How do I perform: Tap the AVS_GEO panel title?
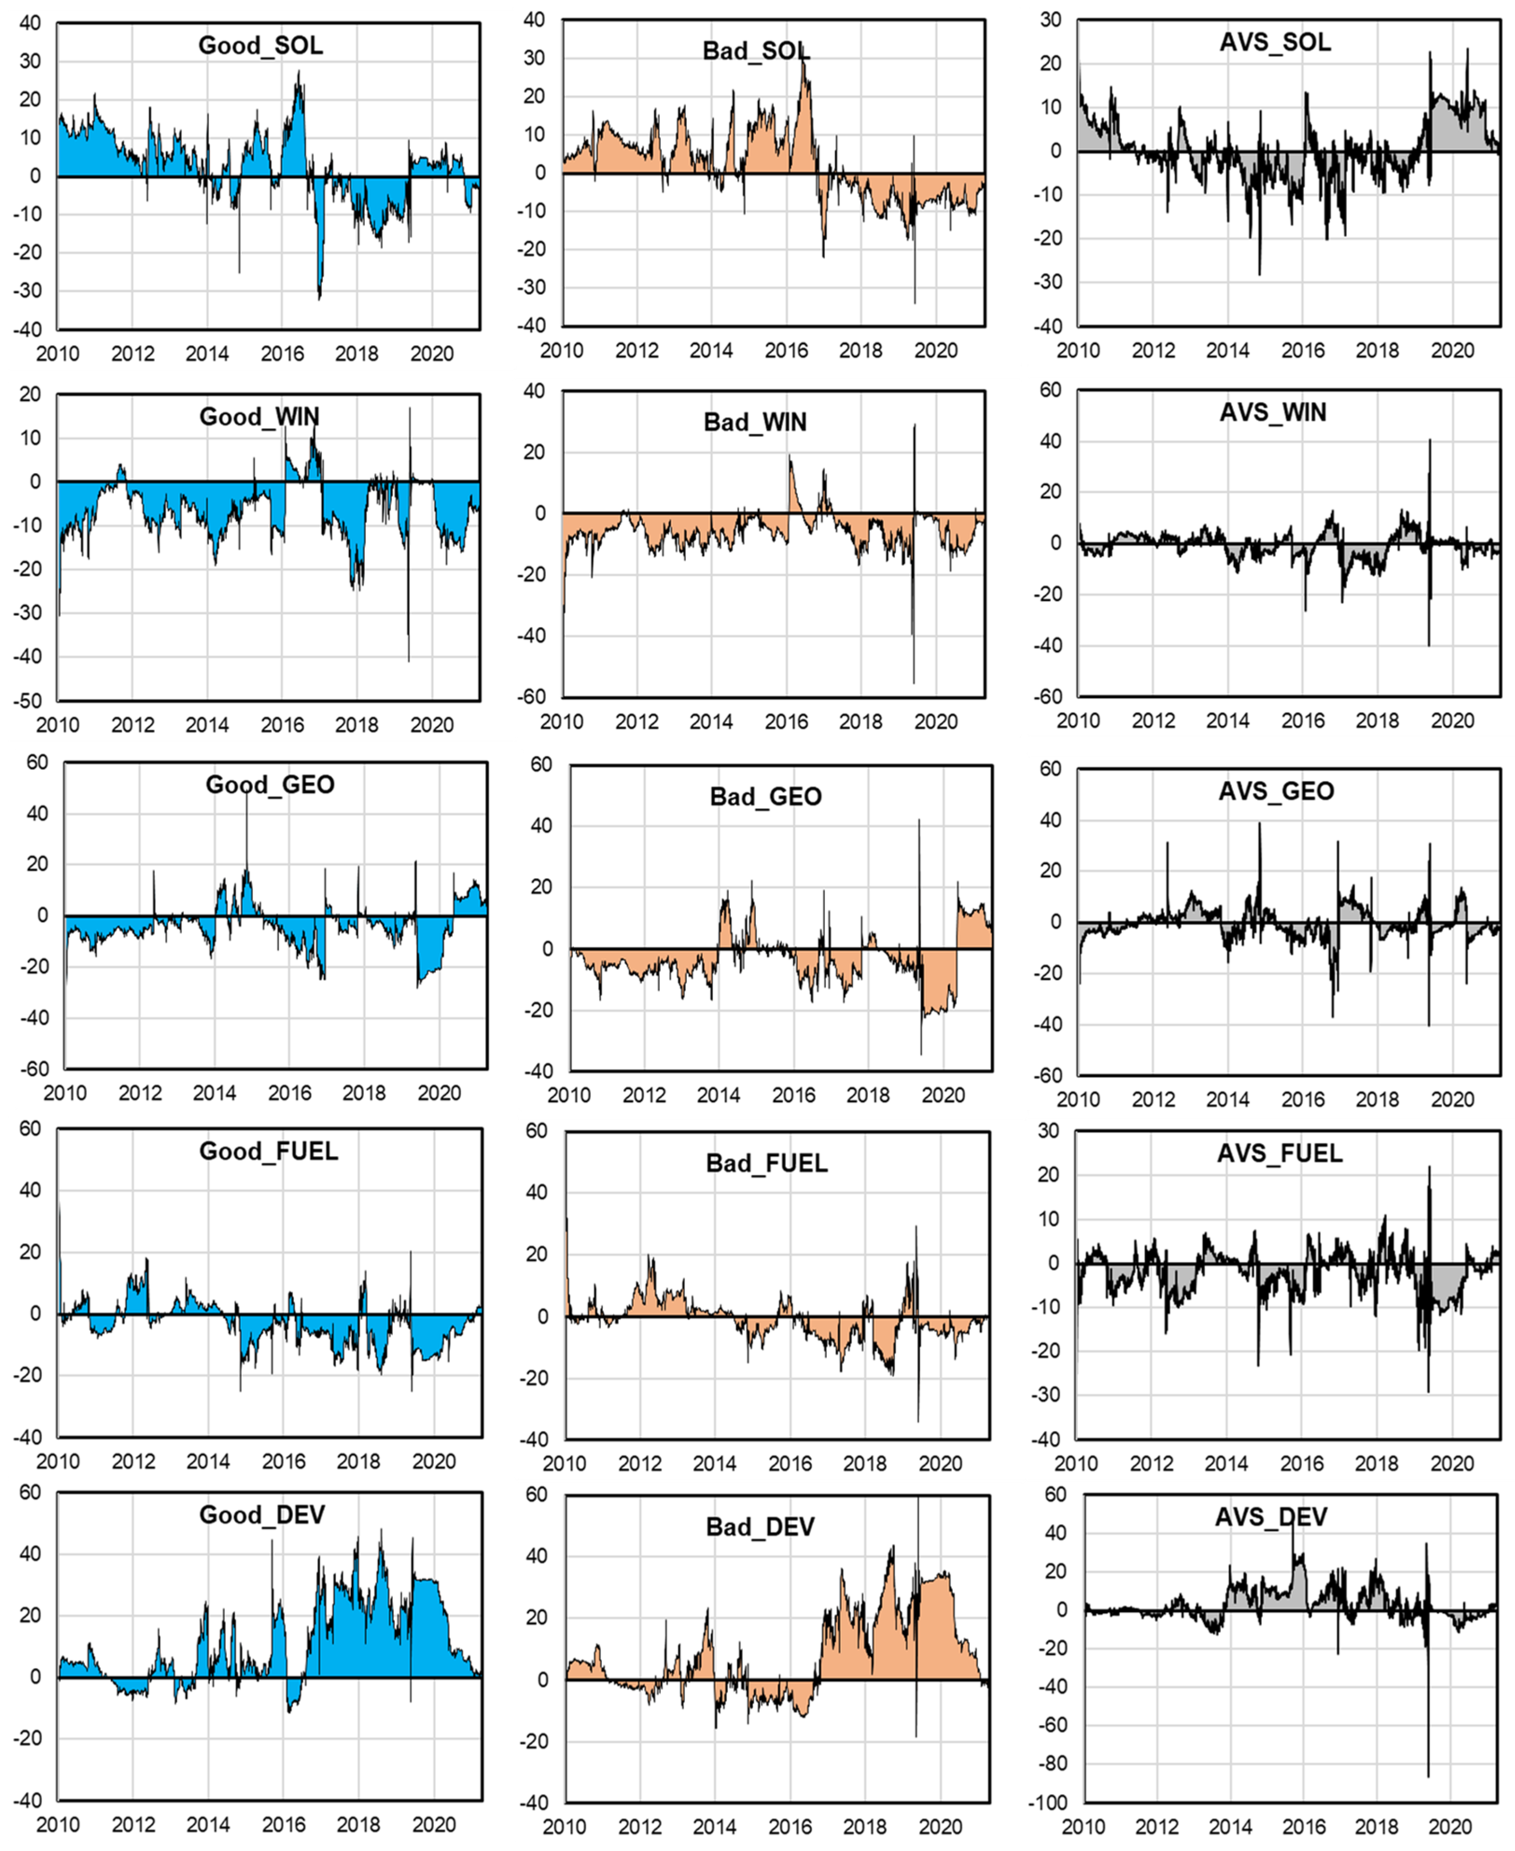tap(1276, 791)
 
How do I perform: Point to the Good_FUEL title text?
tap(269, 1151)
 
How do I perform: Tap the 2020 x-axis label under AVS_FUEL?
tap(1451, 1464)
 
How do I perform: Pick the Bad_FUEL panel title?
tap(766, 1163)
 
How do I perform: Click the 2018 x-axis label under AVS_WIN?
tap(1377, 721)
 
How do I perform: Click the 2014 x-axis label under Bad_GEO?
tap(718, 1095)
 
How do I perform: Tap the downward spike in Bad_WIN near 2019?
tap(914, 681)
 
